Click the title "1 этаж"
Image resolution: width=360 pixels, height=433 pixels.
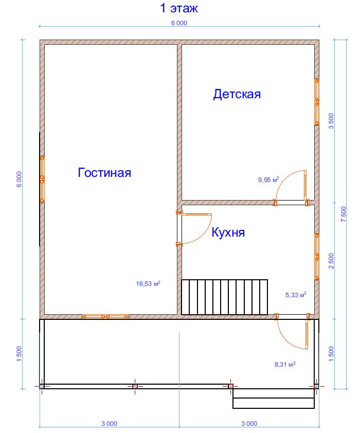179,8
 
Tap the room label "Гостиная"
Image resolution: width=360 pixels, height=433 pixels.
104,173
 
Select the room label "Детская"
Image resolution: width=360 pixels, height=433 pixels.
237,94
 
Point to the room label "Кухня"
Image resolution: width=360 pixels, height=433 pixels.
228,232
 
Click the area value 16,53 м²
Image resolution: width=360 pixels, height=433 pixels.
148,283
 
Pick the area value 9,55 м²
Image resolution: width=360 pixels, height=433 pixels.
268,180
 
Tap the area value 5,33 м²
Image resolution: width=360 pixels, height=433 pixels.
296,295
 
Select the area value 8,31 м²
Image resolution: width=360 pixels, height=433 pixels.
285,364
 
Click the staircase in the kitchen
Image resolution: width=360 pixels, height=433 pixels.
224,297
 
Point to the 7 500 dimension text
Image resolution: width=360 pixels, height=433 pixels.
344,214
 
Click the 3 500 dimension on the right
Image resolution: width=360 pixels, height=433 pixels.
331,121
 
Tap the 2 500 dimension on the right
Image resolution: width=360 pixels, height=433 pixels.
331,261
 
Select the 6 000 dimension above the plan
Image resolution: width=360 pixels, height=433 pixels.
179,23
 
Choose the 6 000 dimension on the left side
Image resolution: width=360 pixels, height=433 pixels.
19,179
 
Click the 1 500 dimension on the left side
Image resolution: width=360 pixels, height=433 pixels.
19,354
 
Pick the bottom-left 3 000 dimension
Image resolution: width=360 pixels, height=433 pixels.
110,423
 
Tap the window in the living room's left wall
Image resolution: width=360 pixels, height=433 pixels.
42,179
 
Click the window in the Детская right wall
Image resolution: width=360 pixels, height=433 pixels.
317,102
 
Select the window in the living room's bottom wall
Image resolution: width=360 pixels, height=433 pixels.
105,317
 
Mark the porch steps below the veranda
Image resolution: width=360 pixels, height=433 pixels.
274,399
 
